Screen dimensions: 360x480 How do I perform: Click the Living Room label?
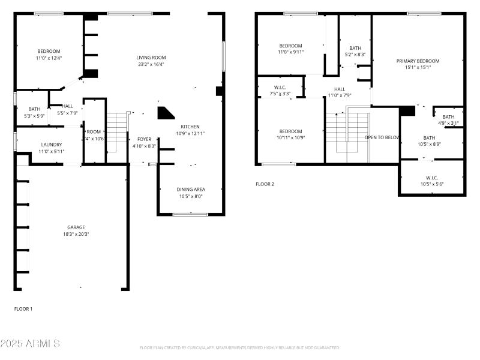click(x=151, y=58)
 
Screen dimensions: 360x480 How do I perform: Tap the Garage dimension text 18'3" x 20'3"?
click(x=76, y=234)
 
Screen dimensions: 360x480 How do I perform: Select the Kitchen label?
click(x=190, y=127)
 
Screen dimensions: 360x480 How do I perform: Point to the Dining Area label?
click(x=190, y=190)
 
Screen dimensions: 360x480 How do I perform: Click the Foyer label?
click(x=144, y=139)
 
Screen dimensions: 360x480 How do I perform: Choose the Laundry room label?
click(x=51, y=145)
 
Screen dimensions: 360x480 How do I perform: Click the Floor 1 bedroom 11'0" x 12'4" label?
click(x=49, y=52)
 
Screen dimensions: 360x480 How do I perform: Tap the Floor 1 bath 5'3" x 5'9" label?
click(x=34, y=109)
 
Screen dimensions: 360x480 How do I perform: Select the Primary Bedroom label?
click(x=418, y=61)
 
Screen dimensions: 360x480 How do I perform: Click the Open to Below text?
click(x=382, y=137)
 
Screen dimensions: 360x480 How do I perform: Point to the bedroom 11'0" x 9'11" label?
click(x=290, y=46)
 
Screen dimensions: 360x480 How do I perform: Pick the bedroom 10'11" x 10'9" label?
click(x=290, y=131)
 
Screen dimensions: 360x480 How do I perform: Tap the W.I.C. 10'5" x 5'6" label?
click(x=431, y=178)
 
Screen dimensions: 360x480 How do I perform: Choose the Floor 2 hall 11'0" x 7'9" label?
click(x=339, y=89)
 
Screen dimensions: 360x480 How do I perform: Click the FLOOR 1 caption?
click(x=23, y=309)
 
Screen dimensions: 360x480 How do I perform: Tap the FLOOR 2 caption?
click(x=265, y=184)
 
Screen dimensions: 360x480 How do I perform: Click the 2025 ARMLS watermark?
click(x=30, y=344)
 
